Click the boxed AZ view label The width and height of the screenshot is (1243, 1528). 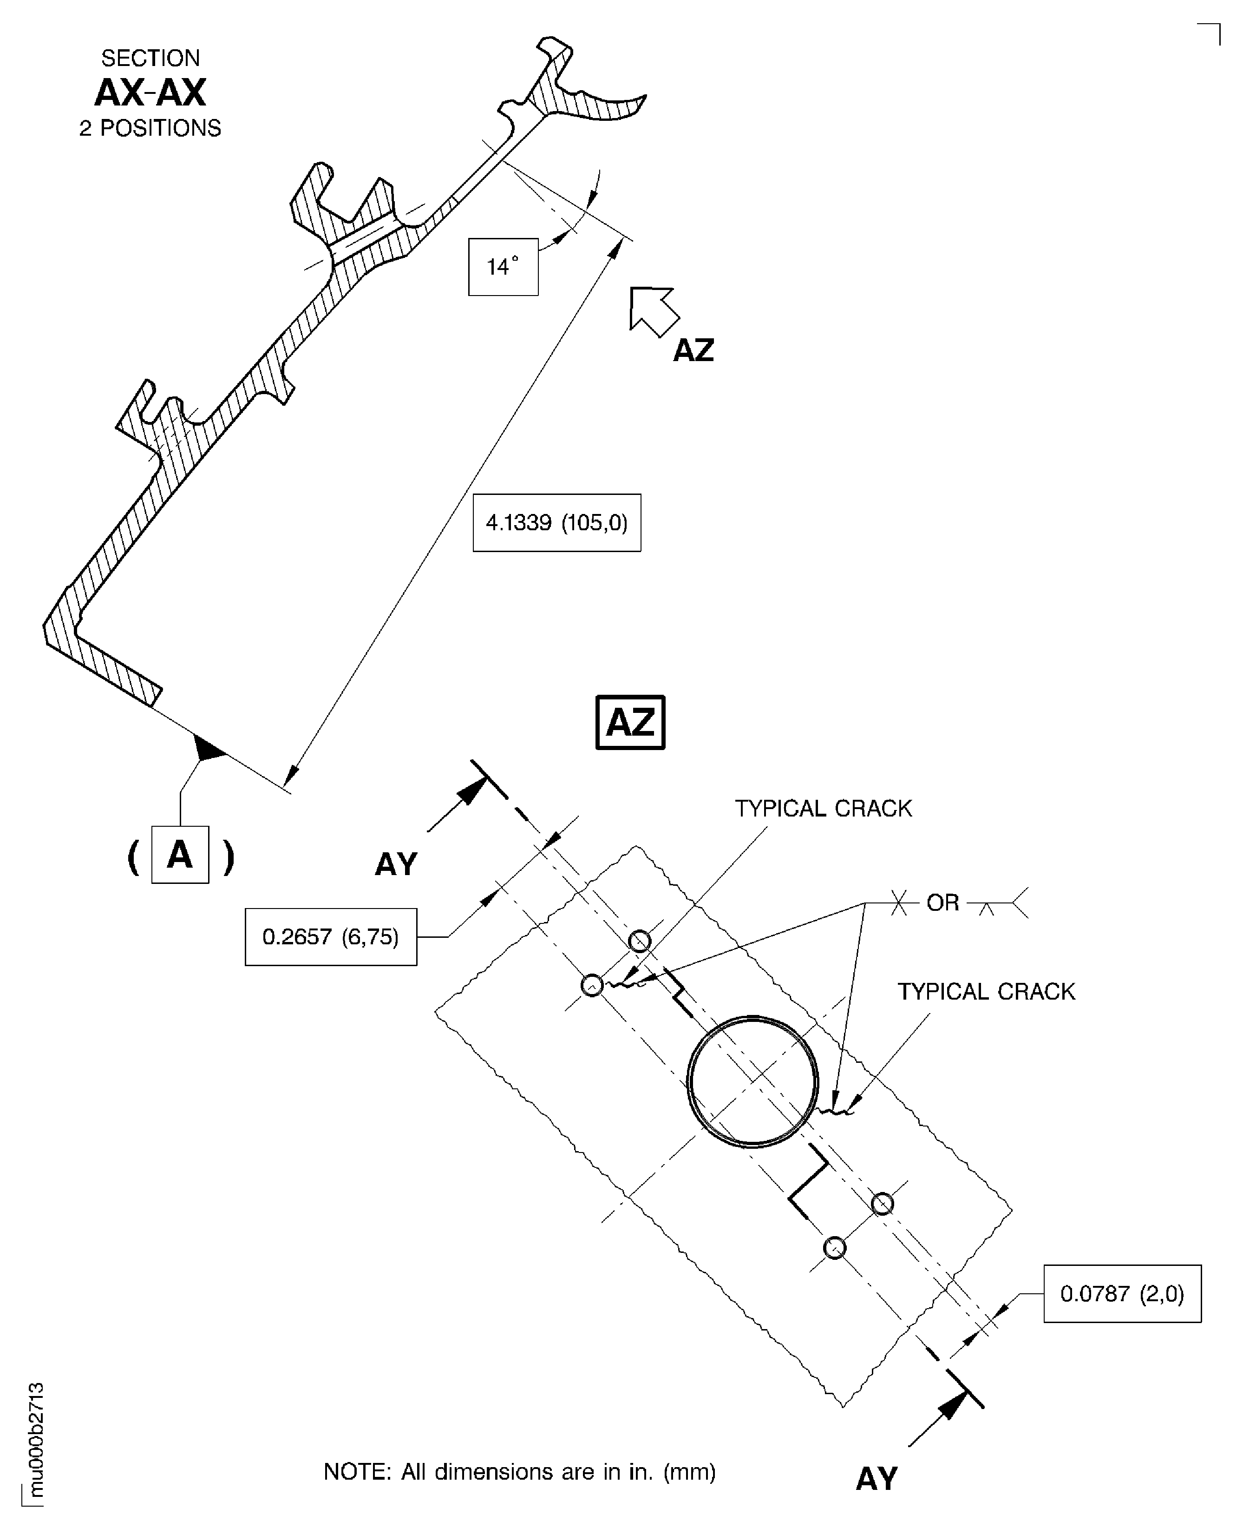coord(630,722)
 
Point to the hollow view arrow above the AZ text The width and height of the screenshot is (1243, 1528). coord(652,310)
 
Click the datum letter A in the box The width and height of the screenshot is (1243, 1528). coord(180,855)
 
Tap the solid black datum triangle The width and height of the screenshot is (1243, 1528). coord(208,749)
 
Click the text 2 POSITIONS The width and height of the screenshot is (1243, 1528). coord(150,128)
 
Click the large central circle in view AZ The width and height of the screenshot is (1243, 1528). coord(752,1082)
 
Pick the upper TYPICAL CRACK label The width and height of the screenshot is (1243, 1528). coord(824,808)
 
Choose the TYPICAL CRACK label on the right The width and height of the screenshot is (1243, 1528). coord(986,991)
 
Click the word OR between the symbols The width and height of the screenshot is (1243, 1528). coord(942,902)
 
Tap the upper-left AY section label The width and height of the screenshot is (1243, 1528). coord(396,865)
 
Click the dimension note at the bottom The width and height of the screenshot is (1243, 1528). coord(520,1471)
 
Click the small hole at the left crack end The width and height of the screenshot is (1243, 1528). coord(591,986)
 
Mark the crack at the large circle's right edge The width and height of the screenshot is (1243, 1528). coord(836,1111)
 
